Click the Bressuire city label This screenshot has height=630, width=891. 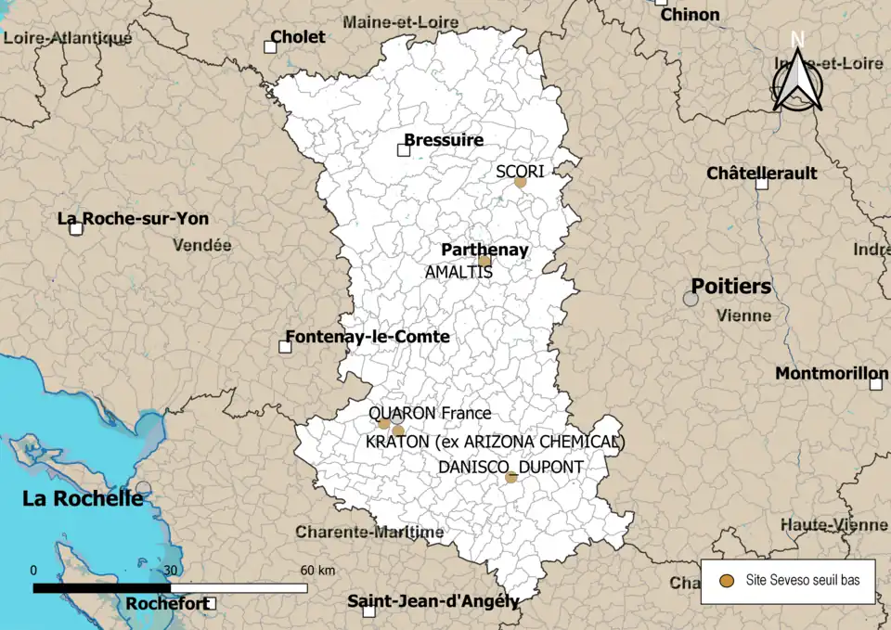pos(444,140)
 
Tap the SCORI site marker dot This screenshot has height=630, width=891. pos(521,182)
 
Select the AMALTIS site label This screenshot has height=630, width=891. pos(458,273)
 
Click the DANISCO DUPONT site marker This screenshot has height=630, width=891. pos(511,477)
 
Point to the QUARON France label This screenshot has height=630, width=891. pos(430,413)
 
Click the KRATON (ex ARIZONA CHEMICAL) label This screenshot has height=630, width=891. pos(496,442)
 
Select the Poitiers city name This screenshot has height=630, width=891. pos(730,287)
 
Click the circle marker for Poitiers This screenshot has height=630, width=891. pos(691,299)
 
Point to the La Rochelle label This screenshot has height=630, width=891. pos(83,499)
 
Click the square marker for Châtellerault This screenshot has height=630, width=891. pos(762,184)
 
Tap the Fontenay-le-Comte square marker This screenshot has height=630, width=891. pos(285,347)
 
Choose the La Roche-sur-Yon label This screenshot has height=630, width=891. pos(133,219)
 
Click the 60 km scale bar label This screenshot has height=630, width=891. pos(316,570)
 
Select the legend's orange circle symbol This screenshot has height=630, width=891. pos(728,581)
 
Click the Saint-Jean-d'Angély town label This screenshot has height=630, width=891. pos(433,601)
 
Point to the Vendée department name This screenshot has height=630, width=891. pos(201,246)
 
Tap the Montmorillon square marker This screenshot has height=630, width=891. pos(875,383)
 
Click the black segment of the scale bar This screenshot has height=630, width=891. pos(102,587)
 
